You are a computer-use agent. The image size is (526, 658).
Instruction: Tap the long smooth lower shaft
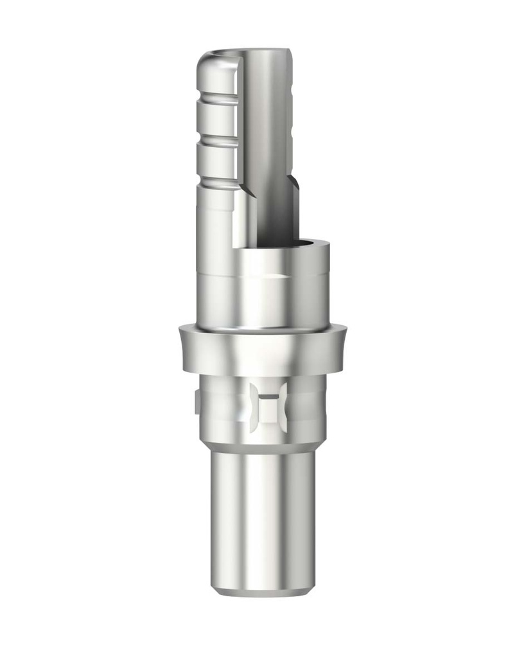point(263,514)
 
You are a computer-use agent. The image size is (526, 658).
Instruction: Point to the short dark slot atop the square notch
point(269,388)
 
